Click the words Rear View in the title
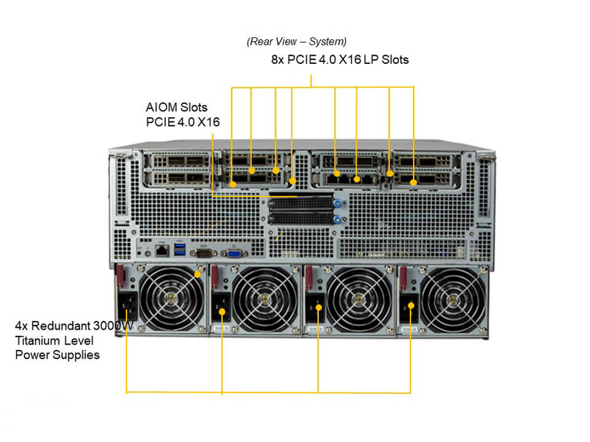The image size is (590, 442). pyautogui.click(x=273, y=41)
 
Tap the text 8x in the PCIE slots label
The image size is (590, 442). pyautogui.click(x=277, y=60)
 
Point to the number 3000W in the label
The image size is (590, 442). pyautogui.click(x=113, y=325)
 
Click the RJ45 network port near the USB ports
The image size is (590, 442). pyautogui.click(x=162, y=250)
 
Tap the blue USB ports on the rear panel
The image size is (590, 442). pyautogui.click(x=180, y=249)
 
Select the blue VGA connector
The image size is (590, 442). pyautogui.click(x=234, y=254)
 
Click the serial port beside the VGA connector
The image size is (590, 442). pyautogui.click(x=203, y=253)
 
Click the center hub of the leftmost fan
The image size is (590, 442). pyautogui.click(x=171, y=299)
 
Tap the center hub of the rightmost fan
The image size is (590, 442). pyautogui.click(x=452, y=300)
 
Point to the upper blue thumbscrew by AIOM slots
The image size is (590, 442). pyautogui.click(x=337, y=204)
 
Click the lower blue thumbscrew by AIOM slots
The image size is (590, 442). pyautogui.click(x=337, y=220)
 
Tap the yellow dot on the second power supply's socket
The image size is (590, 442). pyautogui.click(x=222, y=312)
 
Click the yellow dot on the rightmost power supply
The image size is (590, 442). pyautogui.click(x=411, y=306)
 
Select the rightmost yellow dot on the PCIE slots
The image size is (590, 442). pyautogui.click(x=414, y=183)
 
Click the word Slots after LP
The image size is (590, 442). pyautogui.click(x=395, y=60)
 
